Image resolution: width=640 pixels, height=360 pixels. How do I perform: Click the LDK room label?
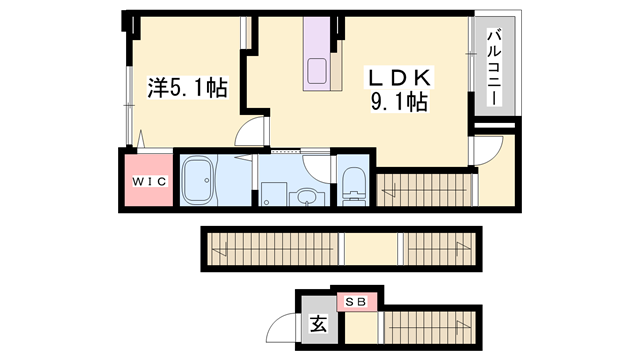pos(399,78)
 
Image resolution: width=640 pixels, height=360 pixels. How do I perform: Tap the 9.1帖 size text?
pos(399,102)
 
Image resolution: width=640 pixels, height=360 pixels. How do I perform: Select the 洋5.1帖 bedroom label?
pos(187,87)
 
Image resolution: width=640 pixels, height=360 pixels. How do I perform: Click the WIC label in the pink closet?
pos(149,181)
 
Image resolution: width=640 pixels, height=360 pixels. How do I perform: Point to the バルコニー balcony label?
pos(494,67)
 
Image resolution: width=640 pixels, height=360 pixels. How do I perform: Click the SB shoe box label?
pos(356,302)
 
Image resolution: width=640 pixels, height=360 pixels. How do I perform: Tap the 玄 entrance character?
pos(319,324)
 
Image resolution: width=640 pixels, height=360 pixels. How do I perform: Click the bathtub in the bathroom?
pos(198,180)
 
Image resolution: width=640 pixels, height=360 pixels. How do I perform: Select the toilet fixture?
pos(353,186)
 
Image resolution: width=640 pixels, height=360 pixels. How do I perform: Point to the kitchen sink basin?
pos(317,71)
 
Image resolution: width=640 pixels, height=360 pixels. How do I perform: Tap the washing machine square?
pos(273,194)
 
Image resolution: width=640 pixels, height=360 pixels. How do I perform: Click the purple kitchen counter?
pos(316,53)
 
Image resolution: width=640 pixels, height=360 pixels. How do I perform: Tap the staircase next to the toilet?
pos(424,190)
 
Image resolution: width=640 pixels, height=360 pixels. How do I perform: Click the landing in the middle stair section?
pos(371,249)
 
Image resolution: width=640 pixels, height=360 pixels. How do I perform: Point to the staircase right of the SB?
pos(430,327)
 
